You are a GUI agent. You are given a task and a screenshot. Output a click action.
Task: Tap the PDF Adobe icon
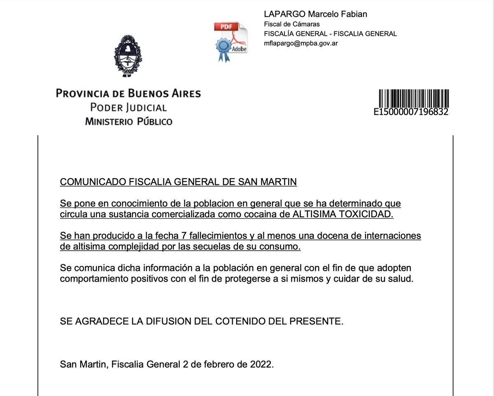(x=230, y=42)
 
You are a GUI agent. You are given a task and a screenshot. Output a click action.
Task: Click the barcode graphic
(x=413, y=99)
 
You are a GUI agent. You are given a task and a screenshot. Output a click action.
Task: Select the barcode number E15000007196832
(x=410, y=112)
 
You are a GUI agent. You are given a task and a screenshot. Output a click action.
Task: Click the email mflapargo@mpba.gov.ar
(x=301, y=43)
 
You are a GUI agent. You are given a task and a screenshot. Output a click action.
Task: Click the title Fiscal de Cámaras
(x=292, y=24)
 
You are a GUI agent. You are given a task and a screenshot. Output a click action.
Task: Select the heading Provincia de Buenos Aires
(x=128, y=93)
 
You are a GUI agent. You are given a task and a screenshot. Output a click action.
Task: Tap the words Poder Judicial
(x=128, y=108)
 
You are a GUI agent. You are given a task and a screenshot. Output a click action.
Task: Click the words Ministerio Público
(x=128, y=121)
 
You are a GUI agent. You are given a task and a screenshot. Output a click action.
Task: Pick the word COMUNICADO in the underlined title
(x=93, y=182)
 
